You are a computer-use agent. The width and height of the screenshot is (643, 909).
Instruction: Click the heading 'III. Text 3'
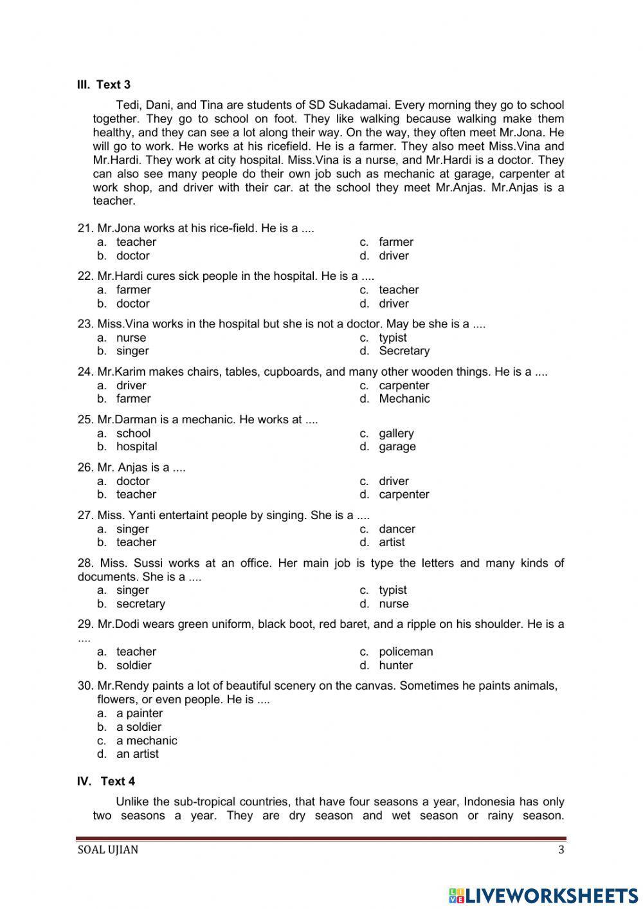104,84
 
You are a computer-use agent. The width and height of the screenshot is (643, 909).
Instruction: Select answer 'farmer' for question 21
395,242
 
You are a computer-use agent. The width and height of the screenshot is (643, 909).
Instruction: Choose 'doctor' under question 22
132,304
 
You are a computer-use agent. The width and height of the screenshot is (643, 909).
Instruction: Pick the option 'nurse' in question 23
131,338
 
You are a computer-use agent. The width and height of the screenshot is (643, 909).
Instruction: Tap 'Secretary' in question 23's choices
404,351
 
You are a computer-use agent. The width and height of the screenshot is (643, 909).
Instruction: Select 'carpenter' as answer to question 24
404,385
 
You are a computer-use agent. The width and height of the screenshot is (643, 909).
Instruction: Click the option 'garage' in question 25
397,446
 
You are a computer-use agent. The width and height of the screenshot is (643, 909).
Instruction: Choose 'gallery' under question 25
396,434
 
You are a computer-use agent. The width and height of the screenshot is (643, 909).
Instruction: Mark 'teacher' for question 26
136,494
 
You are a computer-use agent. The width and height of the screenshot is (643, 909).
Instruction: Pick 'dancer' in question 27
397,529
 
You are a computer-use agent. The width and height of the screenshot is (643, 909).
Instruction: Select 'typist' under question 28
392,590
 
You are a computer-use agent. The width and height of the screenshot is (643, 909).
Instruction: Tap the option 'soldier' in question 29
134,665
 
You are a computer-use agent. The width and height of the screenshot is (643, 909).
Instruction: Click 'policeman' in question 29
406,652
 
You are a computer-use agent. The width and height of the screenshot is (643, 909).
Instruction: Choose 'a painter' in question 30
139,713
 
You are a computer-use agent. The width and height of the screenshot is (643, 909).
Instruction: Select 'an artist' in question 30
137,754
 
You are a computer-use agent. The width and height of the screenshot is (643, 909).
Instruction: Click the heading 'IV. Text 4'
106,781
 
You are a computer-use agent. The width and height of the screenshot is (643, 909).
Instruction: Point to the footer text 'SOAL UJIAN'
107,850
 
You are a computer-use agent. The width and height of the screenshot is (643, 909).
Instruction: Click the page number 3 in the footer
561,850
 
